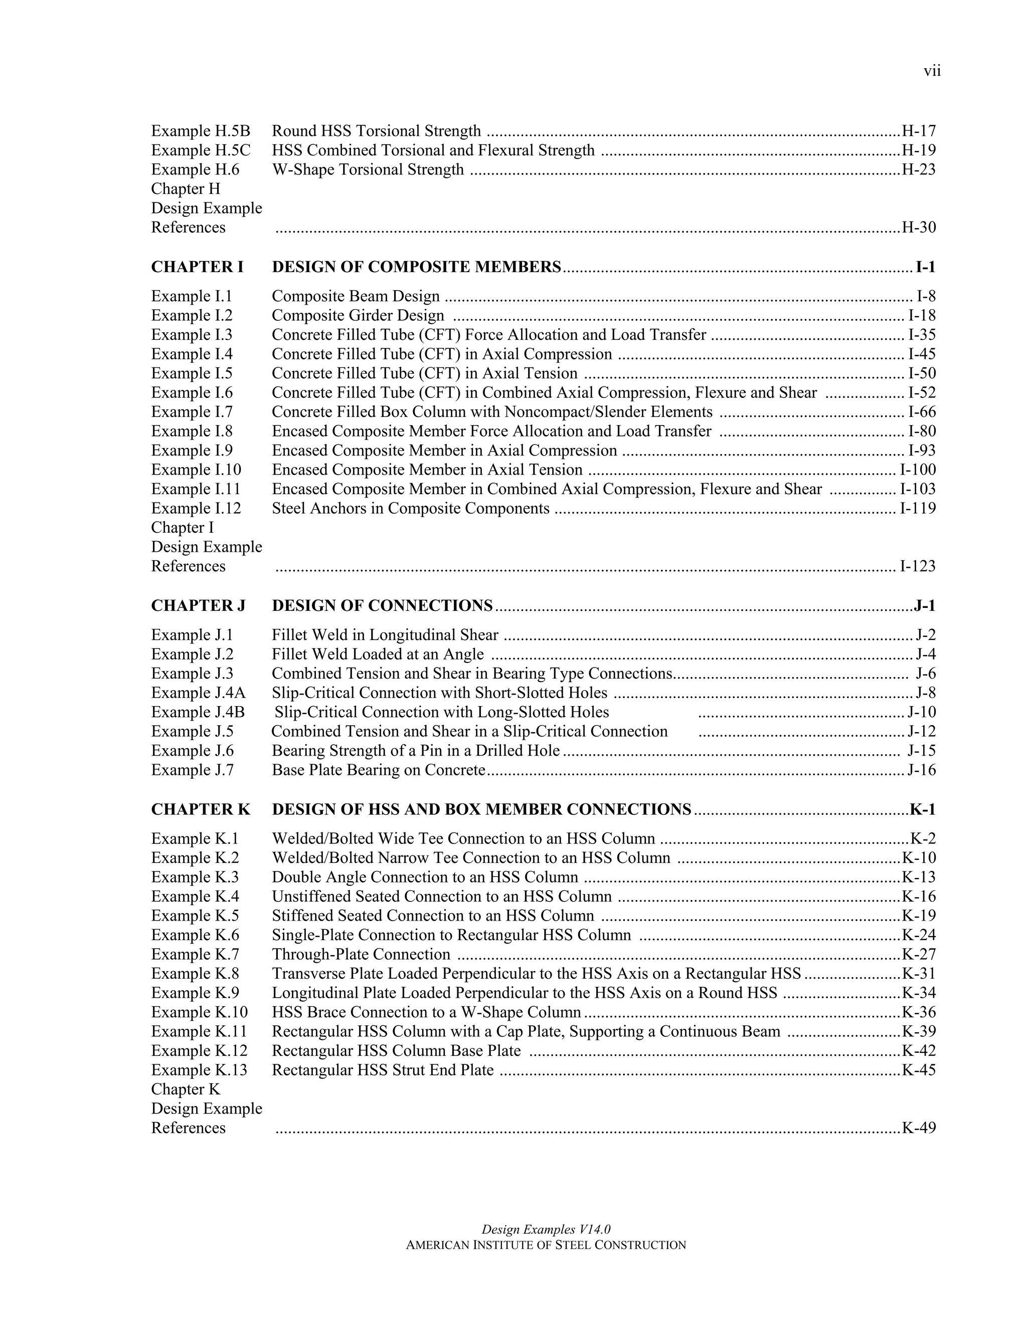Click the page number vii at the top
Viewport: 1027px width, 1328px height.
coord(932,71)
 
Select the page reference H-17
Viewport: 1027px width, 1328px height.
coord(919,131)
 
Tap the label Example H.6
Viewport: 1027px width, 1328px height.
coord(195,170)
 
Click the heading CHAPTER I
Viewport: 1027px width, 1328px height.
coord(197,267)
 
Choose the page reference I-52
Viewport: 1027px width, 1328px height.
coord(922,393)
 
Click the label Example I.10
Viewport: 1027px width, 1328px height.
coord(196,470)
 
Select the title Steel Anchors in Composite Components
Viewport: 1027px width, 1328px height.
coord(411,508)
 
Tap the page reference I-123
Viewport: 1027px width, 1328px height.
coord(918,566)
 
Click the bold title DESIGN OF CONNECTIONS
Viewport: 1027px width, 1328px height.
coord(382,606)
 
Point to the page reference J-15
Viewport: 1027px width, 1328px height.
coord(922,751)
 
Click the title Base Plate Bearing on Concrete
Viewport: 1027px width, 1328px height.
coord(379,770)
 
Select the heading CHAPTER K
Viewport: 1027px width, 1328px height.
coord(201,809)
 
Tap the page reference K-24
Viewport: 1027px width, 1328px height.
coord(919,935)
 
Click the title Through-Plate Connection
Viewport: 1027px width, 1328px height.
coord(362,955)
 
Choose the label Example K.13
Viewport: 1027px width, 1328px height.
coord(200,1070)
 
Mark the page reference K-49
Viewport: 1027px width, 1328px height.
coord(919,1128)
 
